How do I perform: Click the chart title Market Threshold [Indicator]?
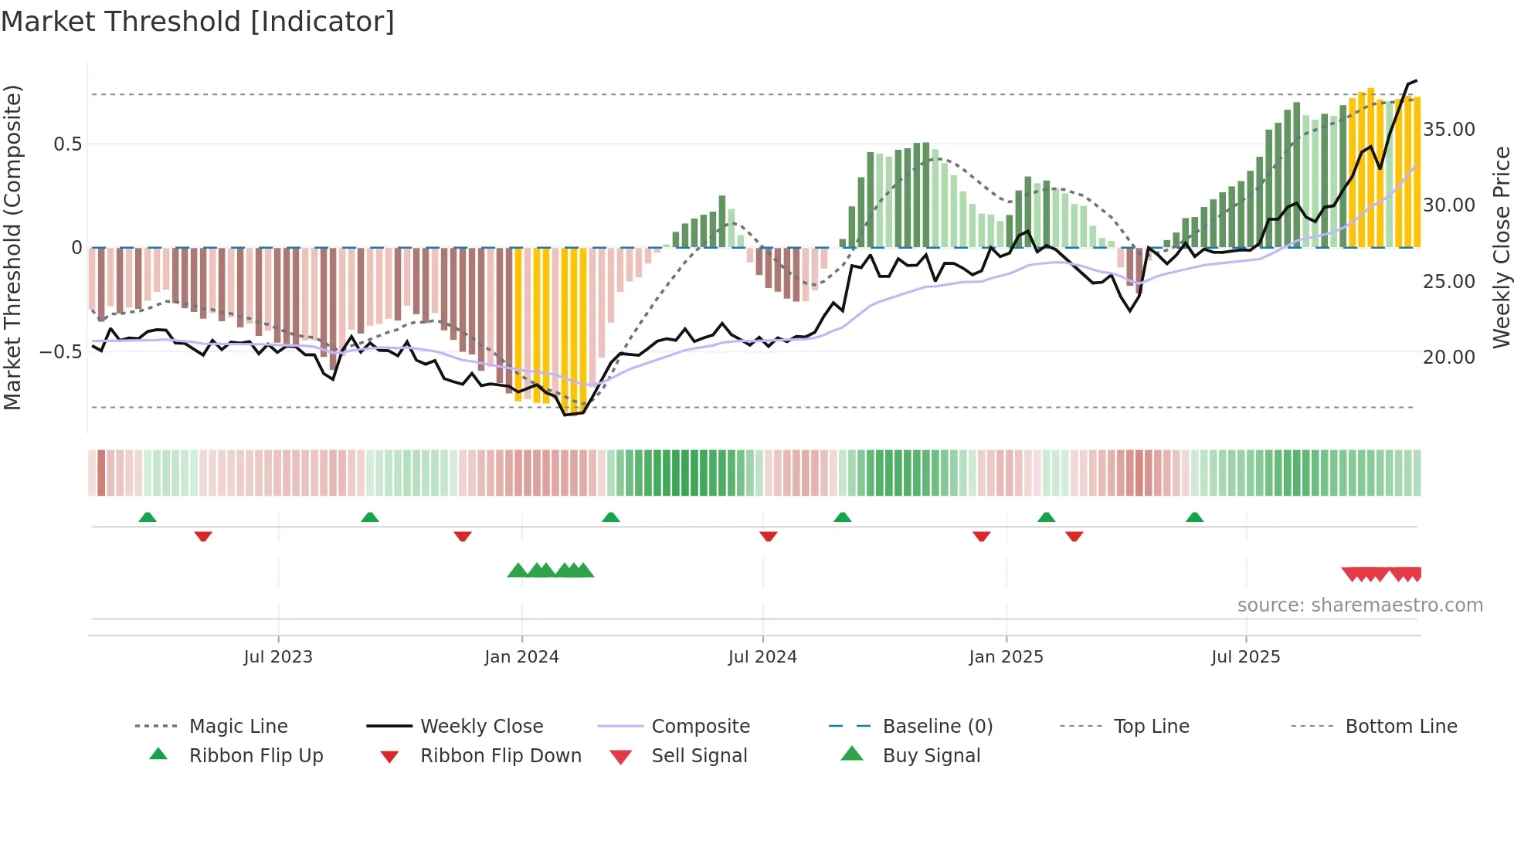[x=198, y=22]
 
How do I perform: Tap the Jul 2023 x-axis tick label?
[x=278, y=657]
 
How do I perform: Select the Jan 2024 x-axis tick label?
[x=521, y=657]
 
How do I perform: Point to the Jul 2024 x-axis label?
[x=762, y=657]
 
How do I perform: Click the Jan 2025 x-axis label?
[x=1006, y=657]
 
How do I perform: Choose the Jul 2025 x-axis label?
[x=1245, y=657]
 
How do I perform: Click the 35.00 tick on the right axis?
[x=1449, y=130]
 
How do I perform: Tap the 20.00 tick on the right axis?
[x=1449, y=358]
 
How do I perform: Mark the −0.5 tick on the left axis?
[x=61, y=352]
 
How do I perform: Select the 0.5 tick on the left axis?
[x=68, y=144]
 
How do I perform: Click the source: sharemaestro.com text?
[x=1360, y=605]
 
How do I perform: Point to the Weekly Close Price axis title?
[x=1501, y=247]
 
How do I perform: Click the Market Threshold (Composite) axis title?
[x=12, y=247]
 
